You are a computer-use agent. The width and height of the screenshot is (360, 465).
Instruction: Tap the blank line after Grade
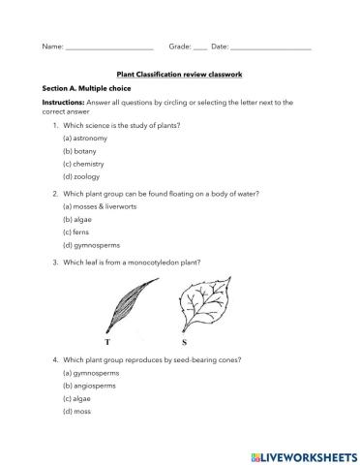coord(200,47)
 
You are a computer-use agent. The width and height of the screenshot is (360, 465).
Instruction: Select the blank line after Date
coord(272,47)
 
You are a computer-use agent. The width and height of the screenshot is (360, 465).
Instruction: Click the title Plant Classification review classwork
coord(179,72)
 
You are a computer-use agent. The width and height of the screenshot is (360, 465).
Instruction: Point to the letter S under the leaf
coord(184,342)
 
